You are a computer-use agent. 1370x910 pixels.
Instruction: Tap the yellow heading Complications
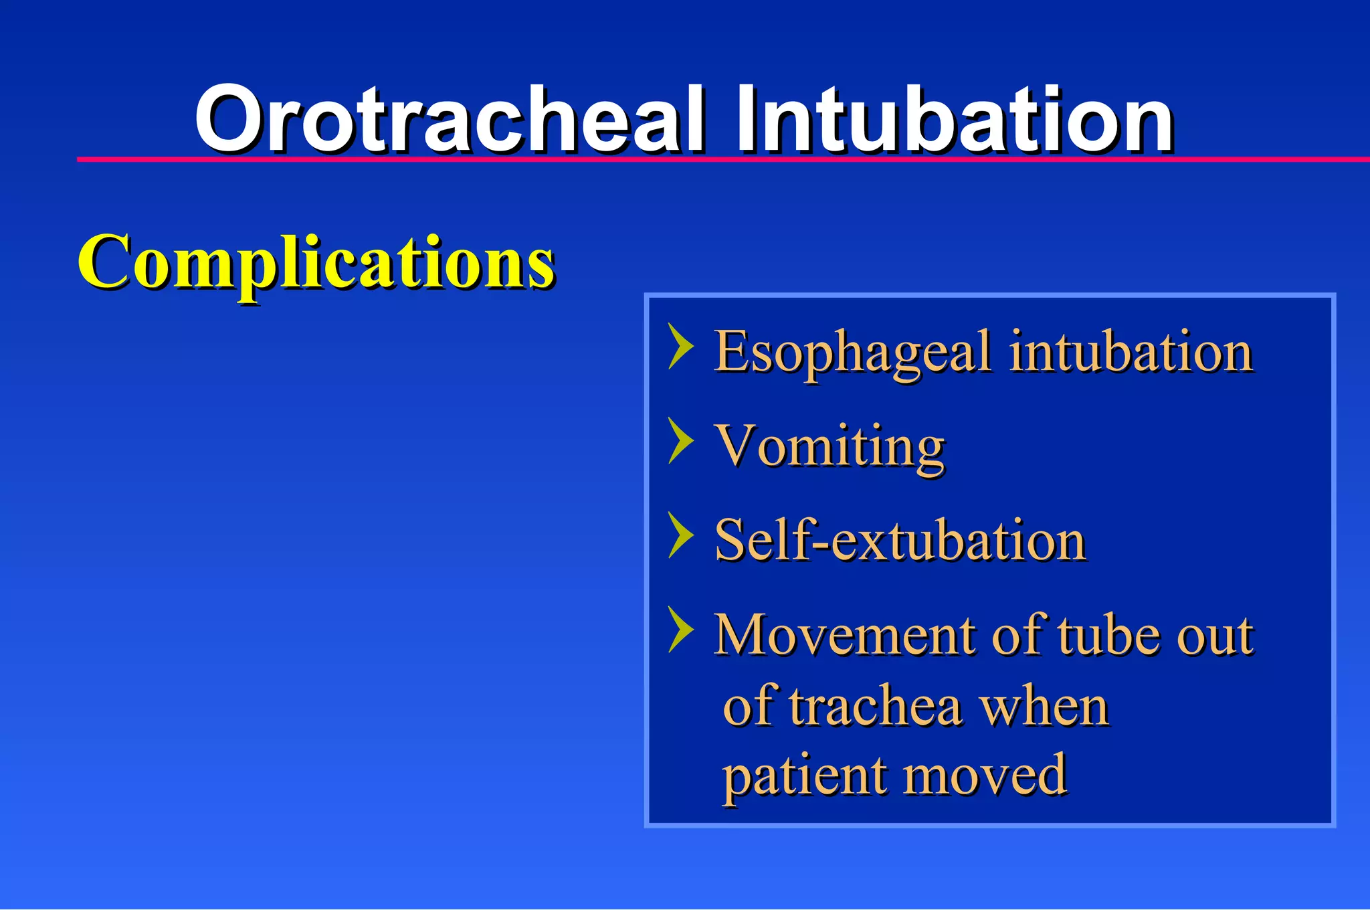[316, 262]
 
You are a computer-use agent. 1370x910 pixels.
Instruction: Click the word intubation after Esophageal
[1131, 353]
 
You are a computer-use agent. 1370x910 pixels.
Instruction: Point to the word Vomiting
[829, 447]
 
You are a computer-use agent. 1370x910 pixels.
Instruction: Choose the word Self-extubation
[900, 541]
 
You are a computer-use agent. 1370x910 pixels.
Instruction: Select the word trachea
[876, 707]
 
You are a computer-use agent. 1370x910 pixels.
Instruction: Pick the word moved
[986, 776]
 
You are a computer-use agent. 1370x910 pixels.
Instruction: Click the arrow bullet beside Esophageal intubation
[681, 346]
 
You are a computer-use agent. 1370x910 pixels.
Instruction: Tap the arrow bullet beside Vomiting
[681, 440]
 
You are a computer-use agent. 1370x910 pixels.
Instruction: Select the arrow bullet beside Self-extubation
[681, 535]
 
